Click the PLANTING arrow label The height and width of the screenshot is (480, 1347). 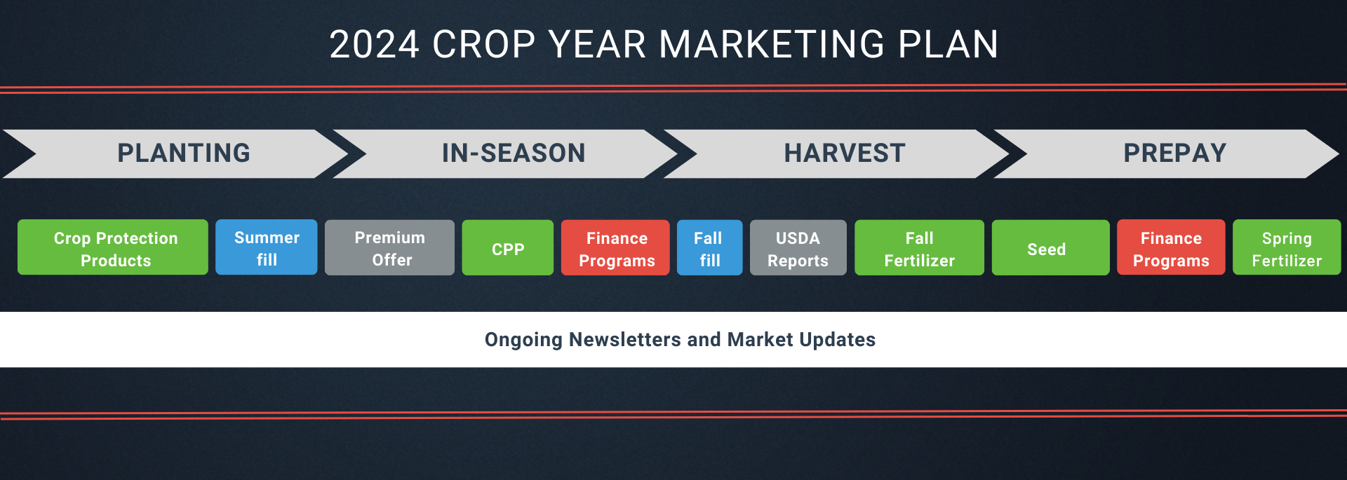[184, 153]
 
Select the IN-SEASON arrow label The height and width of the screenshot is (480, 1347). [514, 153]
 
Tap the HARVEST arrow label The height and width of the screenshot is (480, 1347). [845, 153]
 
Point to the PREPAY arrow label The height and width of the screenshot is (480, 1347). [1175, 153]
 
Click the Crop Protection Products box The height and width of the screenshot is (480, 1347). [113, 247]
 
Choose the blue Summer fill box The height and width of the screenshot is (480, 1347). [267, 247]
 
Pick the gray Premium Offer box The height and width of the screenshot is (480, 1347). [389, 247]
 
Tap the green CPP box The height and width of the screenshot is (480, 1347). [508, 247]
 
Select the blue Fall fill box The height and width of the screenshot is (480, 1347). [709, 247]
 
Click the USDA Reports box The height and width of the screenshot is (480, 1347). [798, 247]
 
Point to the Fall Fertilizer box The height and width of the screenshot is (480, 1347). [919, 247]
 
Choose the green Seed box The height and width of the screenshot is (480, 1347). [1051, 247]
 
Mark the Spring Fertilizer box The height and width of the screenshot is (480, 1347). [1287, 247]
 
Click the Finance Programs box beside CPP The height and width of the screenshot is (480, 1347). [615, 247]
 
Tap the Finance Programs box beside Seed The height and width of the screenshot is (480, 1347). [1171, 247]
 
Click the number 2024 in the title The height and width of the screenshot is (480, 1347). [374, 45]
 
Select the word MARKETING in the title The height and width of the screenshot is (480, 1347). [772, 45]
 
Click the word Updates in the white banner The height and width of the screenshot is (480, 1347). [837, 341]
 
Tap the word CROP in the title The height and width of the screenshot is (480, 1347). [484, 45]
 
